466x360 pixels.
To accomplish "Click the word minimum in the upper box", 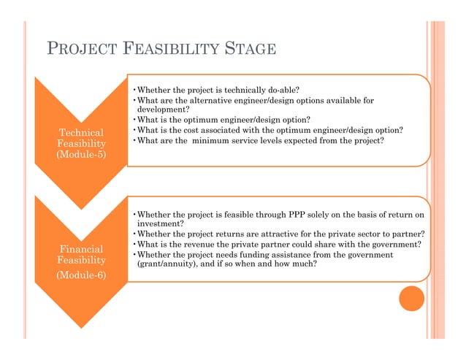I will (x=217, y=140).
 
